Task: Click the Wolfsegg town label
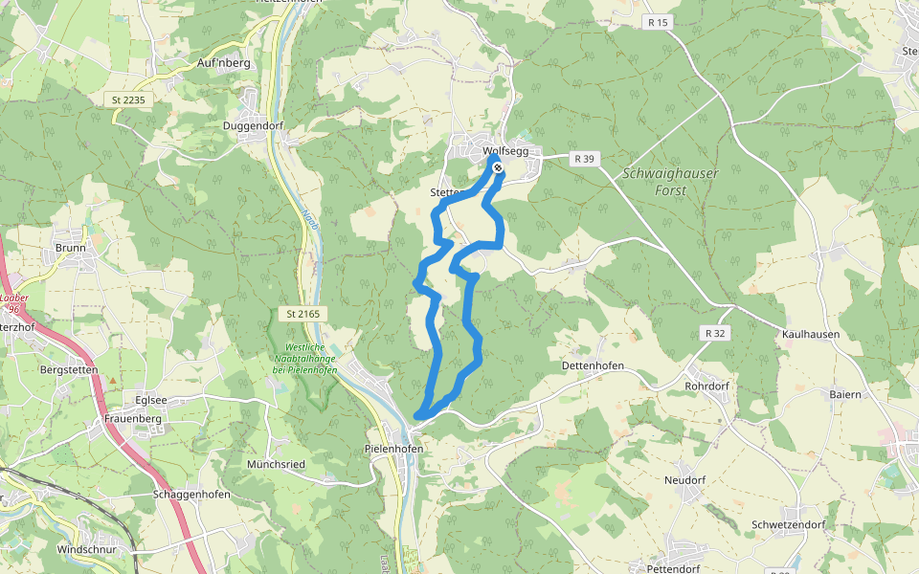512,151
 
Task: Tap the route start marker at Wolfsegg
498,168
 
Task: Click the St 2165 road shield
305,314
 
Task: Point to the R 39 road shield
584,159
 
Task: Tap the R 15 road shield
656,22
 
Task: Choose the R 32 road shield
713,333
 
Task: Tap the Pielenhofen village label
393,448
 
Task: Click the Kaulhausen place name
811,334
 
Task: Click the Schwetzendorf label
788,525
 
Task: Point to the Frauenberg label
132,419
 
